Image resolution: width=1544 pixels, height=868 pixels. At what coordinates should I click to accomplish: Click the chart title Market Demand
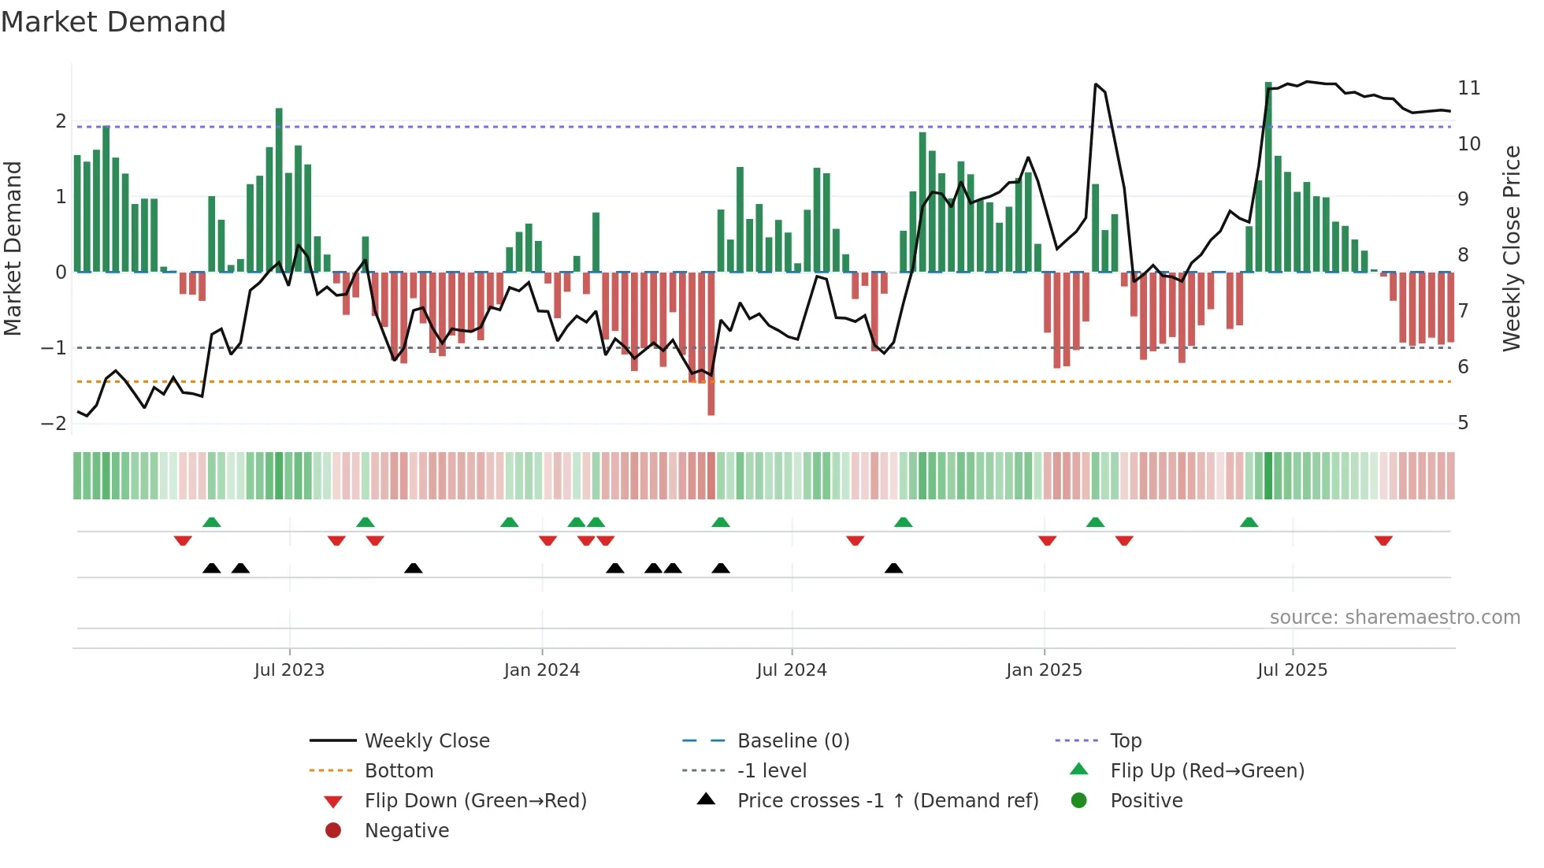click(113, 22)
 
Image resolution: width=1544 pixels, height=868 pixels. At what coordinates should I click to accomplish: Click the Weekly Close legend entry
click(426, 740)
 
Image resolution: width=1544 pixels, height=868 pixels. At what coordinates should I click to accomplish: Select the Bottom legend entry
click(399, 770)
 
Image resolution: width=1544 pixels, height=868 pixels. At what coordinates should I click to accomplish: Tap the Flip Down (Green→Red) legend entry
click(475, 800)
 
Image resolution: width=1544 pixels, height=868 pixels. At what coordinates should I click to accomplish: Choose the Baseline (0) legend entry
click(792, 740)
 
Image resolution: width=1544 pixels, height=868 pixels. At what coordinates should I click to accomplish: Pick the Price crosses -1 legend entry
click(887, 800)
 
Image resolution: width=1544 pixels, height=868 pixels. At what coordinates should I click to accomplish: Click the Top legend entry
click(1125, 740)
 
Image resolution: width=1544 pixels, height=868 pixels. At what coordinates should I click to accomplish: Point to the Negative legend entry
click(406, 830)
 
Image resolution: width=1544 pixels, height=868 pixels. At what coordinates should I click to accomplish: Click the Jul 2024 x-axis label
click(792, 670)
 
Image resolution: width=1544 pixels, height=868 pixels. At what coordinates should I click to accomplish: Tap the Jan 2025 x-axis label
click(1044, 670)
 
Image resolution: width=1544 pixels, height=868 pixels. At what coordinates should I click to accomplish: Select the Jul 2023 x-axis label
click(289, 670)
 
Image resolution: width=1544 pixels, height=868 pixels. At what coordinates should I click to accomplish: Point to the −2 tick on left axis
click(54, 423)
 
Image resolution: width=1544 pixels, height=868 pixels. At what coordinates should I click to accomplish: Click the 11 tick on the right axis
click(1468, 87)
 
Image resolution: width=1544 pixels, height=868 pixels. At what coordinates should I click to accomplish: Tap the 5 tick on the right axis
click(1463, 423)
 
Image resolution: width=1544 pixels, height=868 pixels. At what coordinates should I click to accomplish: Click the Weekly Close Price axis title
click(1511, 248)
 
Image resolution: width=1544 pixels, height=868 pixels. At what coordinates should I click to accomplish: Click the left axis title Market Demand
click(13, 248)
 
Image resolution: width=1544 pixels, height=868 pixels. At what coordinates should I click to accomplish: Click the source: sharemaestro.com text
click(1394, 618)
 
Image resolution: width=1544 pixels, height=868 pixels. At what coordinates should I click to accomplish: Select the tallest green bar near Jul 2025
click(1268, 177)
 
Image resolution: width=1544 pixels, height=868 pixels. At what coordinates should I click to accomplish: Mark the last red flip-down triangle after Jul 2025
click(1383, 540)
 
